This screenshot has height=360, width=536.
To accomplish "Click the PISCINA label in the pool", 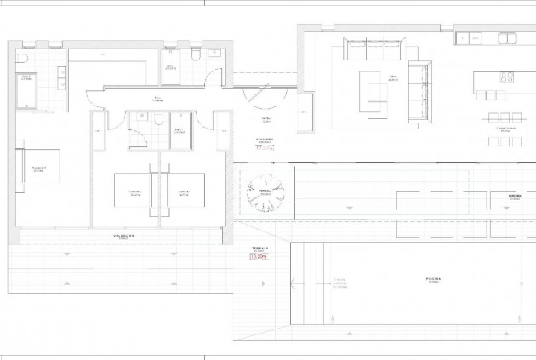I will (x=414, y=279).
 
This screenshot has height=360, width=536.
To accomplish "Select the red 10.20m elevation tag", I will (x=258, y=254).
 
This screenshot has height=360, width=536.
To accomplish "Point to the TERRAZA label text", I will (x=257, y=246).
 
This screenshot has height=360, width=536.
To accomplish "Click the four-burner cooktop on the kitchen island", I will (x=504, y=77).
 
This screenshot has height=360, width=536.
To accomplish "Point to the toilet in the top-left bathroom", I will (x=26, y=57).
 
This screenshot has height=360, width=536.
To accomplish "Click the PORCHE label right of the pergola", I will (x=513, y=195).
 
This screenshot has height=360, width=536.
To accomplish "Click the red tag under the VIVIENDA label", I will (x=263, y=146).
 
